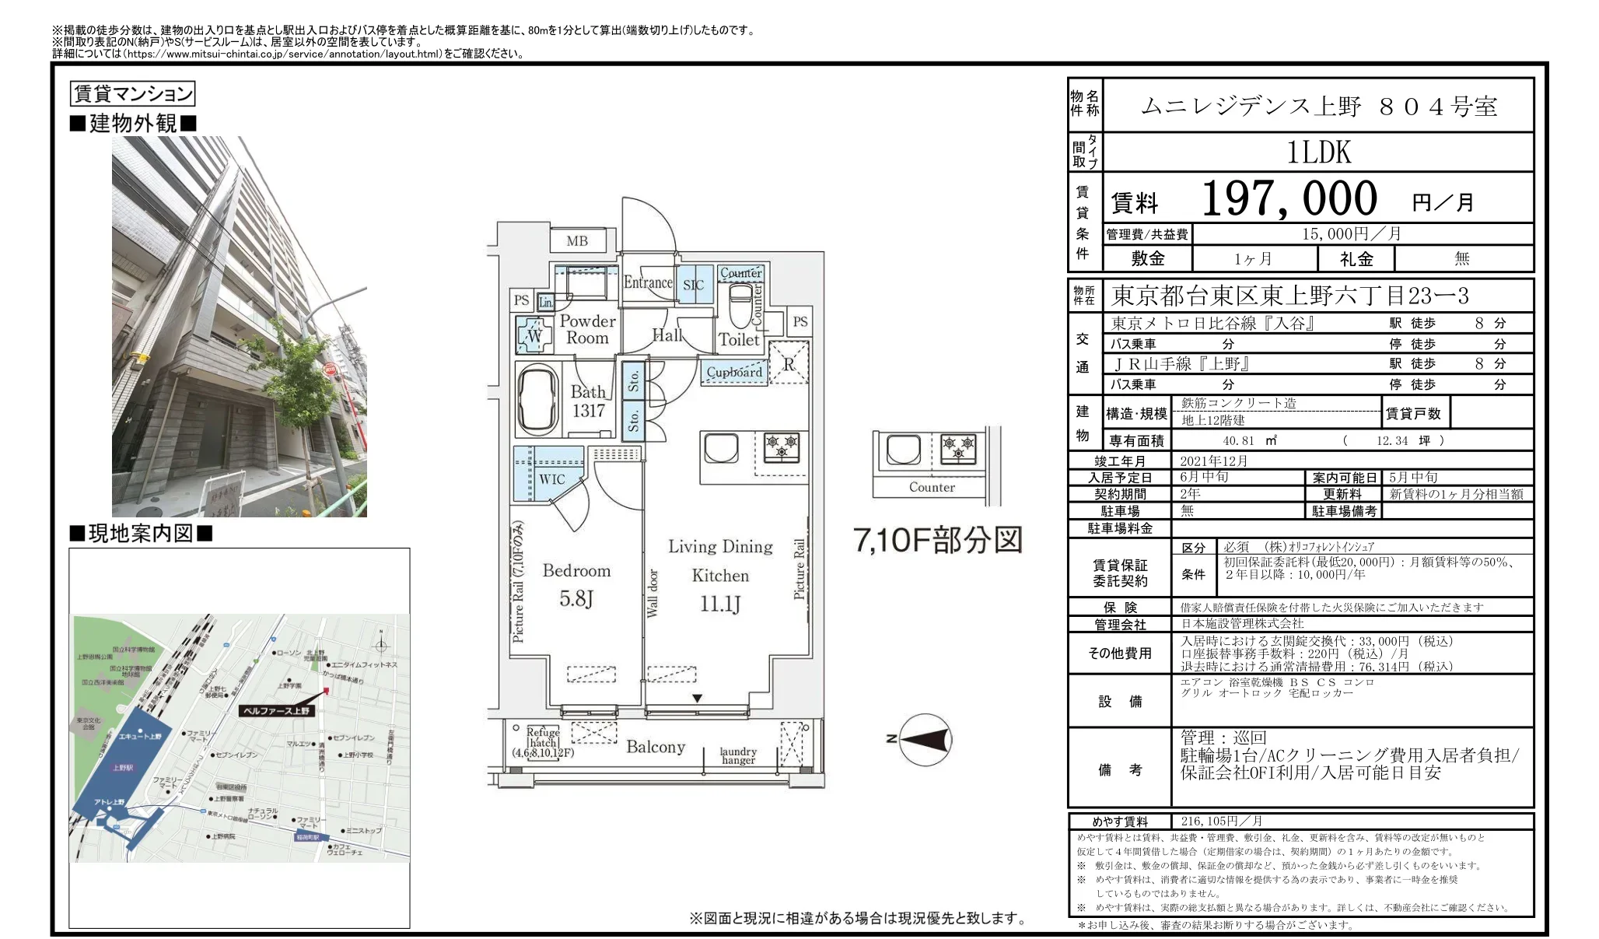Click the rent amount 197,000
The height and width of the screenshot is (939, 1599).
click(x=1289, y=199)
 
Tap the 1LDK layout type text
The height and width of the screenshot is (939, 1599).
click(x=1318, y=152)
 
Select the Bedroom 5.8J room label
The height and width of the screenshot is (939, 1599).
click(x=576, y=584)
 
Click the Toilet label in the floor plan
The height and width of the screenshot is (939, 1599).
click(x=738, y=340)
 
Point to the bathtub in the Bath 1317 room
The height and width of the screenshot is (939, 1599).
click(x=537, y=400)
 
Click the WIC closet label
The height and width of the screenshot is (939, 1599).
click(x=552, y=479)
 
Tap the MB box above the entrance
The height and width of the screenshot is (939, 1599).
click(x=577, y=241)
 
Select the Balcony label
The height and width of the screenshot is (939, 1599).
click(x=656, y=747)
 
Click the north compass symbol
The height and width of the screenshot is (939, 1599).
click(x=924, y=739)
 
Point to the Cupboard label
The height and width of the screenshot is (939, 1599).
click(x=734, y=373)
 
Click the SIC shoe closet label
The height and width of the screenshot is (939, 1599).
click(x=693, y=286)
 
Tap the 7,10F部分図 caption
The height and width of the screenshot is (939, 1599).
click(x=937, y=540)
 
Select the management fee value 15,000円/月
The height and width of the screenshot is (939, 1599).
click(x=1352, y=234)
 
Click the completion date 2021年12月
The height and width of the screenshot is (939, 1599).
click(x=1213, y=461)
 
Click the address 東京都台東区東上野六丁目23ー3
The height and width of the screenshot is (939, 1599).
click(x=1289, y=296)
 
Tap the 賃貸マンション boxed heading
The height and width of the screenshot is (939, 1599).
click(x=132, y=94)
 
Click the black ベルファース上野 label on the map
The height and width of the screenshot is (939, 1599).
click(x=276, y=710)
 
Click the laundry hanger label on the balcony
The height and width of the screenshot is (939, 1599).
click(x=737, y=756)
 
